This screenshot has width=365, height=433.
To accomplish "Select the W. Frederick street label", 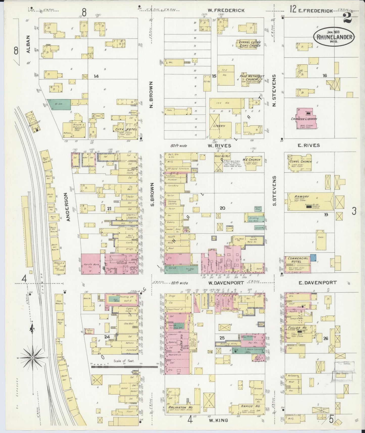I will (x=226, y=10).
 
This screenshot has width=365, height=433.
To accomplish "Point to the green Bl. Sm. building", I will (x=59, y=104).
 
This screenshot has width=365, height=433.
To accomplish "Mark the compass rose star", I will (x=33, y=358).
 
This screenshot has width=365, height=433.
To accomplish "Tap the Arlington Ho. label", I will (x=180, y=407).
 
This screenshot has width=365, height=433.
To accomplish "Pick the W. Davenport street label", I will (x=226, y=283).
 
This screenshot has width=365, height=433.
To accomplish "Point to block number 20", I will (x=222, y=208).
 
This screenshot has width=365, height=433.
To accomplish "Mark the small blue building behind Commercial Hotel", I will (x=313, y=258).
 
